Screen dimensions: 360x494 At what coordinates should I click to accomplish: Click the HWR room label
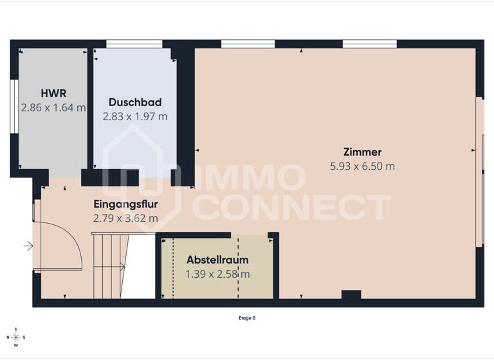pyautogui.click(x=53, y=93)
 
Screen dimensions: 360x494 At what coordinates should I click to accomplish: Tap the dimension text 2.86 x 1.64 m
pyautogui.click(x=53, y=107)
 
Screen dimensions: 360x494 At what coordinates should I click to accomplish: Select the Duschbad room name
pyautogui.click(x=135, y=102)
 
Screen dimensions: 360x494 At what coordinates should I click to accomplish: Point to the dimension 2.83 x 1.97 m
pyautogui.click(x=135, y=116)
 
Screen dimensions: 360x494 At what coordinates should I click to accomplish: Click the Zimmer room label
pyautogui.click(x=362, y=152)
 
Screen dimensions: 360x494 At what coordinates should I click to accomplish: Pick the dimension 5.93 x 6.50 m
pyautogui.click(x=362, y=166)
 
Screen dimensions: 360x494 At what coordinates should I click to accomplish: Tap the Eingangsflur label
pyautogui.click(x=125, y=204)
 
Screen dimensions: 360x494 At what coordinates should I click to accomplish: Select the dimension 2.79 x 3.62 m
pyautogui.click(x=125, y=218)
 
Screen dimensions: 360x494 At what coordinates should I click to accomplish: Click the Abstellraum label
pyautogui.click(x=217, y=260)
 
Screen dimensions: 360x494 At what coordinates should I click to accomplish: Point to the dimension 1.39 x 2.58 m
pyautogui.click(x=217, y=274)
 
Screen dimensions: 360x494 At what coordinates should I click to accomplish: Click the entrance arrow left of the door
pyautogui.click(x=28, y=246)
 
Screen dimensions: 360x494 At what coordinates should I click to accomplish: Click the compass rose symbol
pyautogui.click(x=16, y=337)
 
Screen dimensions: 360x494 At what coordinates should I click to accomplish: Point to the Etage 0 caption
pyautogui.click(x=247, y=318)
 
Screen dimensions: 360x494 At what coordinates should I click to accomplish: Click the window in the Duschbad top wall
pyautogui.click(x=134, y=44)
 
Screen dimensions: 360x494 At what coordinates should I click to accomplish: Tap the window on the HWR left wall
pyautogui.click(x=14, y=106)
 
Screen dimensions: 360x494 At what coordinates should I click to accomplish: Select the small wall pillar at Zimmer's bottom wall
pyautogui.click(x=351, y=295)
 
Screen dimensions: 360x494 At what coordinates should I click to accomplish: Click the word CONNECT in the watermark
pyautogui.click(x=293, y=208)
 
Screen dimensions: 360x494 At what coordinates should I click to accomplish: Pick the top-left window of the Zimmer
pyautogui.click(x=248, y=44)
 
